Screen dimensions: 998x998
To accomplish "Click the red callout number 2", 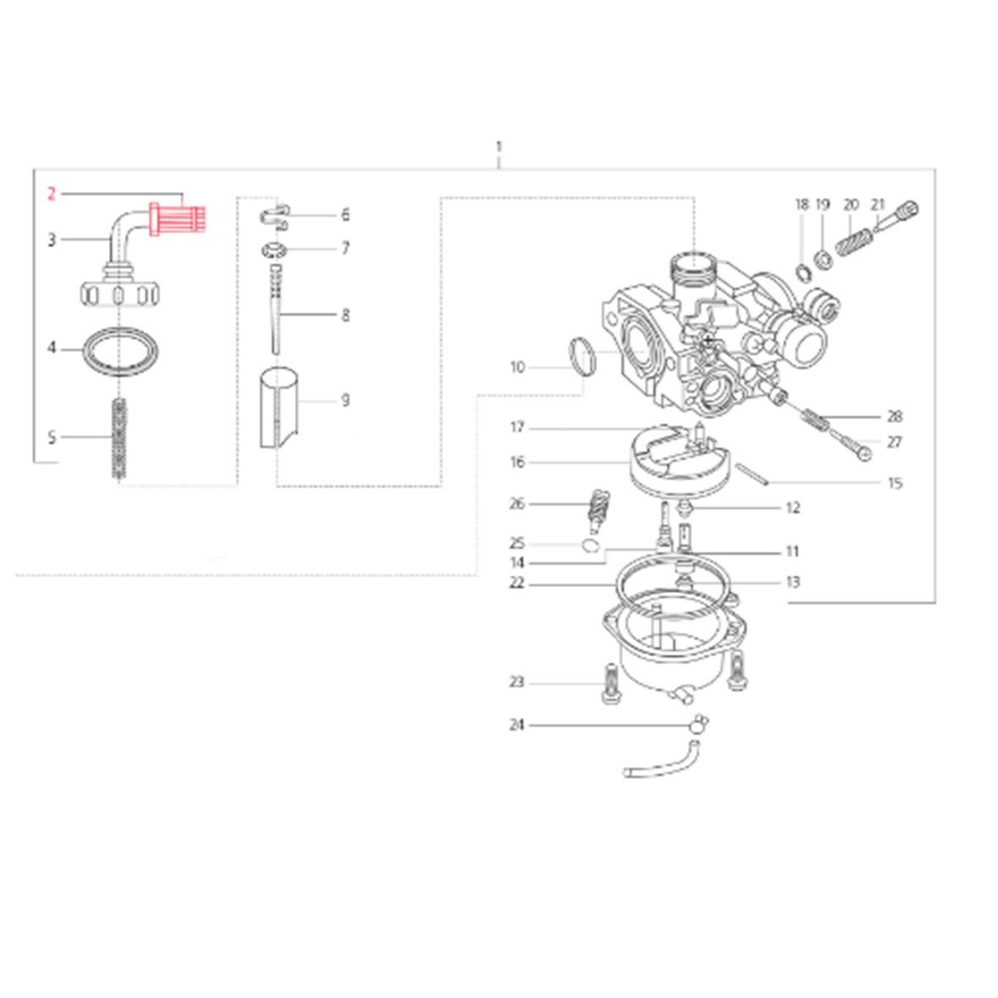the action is pyautogui.click(x=52, y=195).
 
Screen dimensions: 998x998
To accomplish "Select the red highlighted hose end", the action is pyautogui.click(x=178, y=218).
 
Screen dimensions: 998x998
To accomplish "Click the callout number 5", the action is pyautogui.click(x=52, y=437).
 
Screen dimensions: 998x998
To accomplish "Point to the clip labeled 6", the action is pyautogui.click(x=275, y=216).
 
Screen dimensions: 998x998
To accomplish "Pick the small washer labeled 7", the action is pyautogui.click(x=274, y=249).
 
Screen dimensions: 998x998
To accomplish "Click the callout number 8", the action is pyautogui.click(x=346, y=315).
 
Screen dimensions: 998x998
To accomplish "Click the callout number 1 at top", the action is pyautogui.click(x=498, y=146).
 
